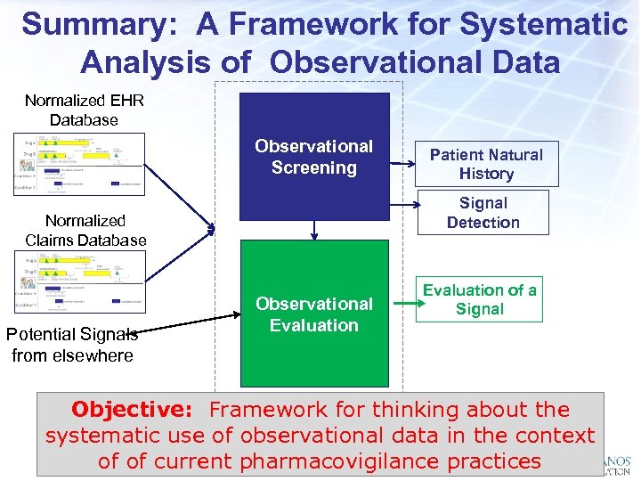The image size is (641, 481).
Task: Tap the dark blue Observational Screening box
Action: coord(314,157)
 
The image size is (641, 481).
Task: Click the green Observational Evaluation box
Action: coord(314,314)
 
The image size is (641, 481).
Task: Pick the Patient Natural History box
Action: coord(486,164)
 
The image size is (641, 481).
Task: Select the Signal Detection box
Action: coord(483,213)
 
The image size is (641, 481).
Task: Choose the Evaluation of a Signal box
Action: coord(480,299)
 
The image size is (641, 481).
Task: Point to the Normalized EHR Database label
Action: coord(84,110)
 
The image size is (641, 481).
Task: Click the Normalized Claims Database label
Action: coord(85,230)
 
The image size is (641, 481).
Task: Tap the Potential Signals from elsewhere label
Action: coord(72,345)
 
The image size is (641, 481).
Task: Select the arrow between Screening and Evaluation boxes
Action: coord(314,230)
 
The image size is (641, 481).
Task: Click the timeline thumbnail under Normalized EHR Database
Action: coord(80,163)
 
